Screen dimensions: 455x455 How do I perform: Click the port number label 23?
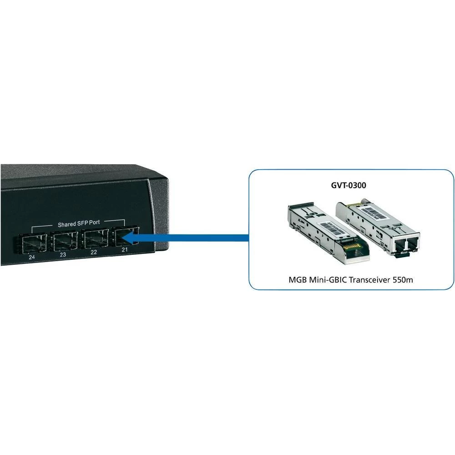[63, 255]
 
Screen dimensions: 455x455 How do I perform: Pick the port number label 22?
[94, 253]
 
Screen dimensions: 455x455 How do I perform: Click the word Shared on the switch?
[67, 224]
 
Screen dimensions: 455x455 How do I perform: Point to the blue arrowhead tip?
[126, 237]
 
